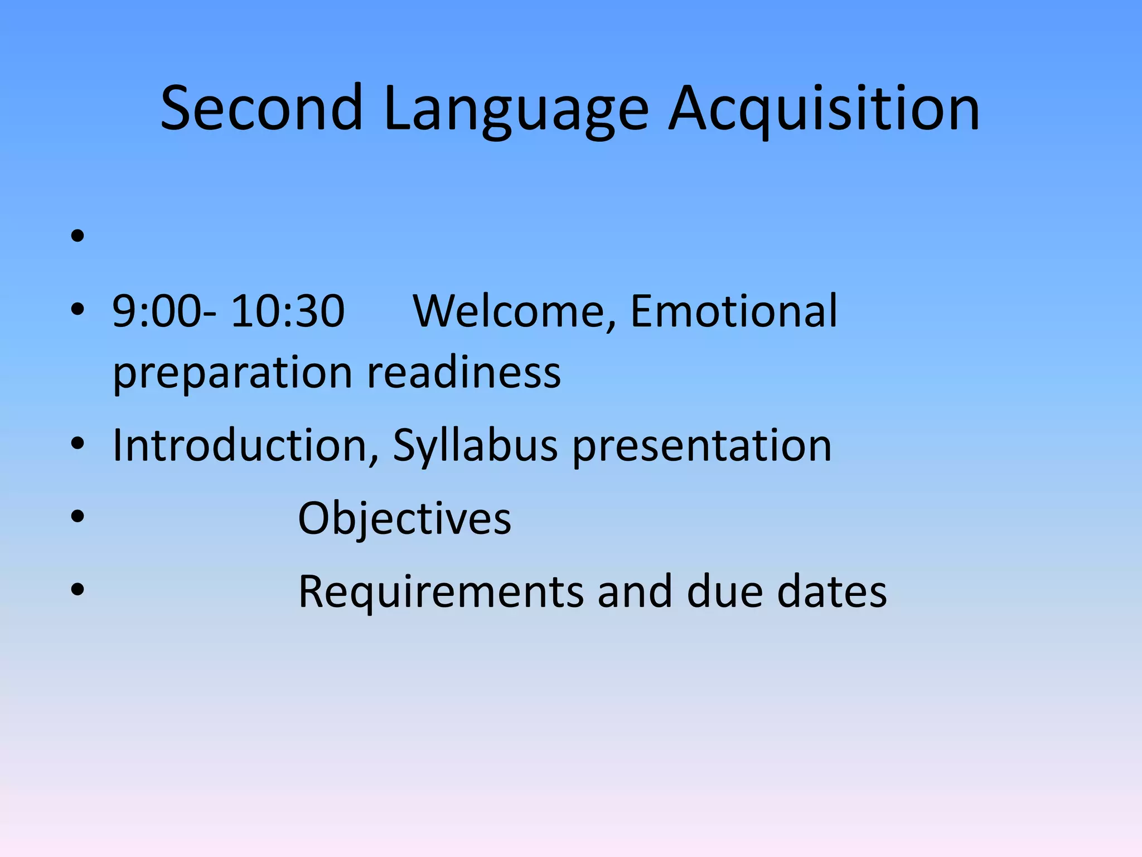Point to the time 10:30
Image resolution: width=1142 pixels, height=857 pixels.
[288, 311]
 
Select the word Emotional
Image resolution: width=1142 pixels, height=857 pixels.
[733, 311]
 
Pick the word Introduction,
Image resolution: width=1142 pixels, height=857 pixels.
[246, 445]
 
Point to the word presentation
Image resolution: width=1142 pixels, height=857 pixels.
[702, 445]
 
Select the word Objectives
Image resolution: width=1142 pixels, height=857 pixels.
[404, 518]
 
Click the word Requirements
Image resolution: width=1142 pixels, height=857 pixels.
[441, 591]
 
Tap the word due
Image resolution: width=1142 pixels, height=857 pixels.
[725, 591]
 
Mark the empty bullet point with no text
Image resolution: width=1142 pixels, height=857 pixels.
[78, 236]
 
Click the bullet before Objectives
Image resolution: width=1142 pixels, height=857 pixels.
[78, 516]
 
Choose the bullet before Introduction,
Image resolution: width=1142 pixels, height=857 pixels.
[78, 444]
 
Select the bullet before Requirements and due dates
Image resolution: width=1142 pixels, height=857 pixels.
[78, 589]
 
